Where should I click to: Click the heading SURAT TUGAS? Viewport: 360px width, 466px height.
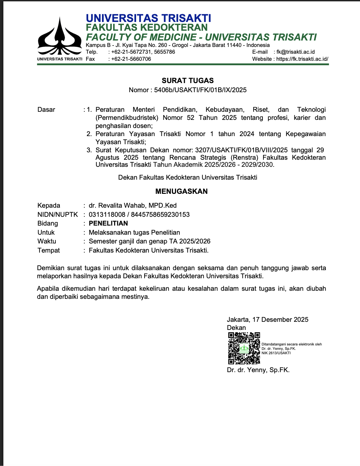click(187, 80)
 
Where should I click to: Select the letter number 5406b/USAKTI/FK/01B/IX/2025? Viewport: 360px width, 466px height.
click(200, 90)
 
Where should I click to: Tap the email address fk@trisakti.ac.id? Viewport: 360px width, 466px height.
click(295, 52)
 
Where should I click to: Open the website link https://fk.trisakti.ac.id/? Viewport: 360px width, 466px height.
click(302, 59)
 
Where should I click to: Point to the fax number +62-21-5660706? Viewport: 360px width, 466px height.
click(131, 59)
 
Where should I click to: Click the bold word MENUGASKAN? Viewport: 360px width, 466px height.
click(181, 191)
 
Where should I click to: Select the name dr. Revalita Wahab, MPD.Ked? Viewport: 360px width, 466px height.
click(132, 205)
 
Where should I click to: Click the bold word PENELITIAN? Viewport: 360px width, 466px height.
click(108, 223)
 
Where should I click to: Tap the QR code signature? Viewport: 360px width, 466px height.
click(244, 348)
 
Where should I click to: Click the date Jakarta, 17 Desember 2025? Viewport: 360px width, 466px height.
click(267, 319)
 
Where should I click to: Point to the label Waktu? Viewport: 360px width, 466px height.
click(47, 241)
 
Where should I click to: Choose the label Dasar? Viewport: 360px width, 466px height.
click(46, 109)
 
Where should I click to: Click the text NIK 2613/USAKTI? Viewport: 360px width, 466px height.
click(276, 353)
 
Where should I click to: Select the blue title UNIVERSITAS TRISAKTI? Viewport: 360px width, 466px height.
click(148, 18)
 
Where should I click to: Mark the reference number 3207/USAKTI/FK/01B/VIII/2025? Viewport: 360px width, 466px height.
click(241, 150)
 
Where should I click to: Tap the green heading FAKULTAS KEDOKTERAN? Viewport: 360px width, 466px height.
click(147, 27)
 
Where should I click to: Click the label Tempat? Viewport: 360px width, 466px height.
click(49, 250)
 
